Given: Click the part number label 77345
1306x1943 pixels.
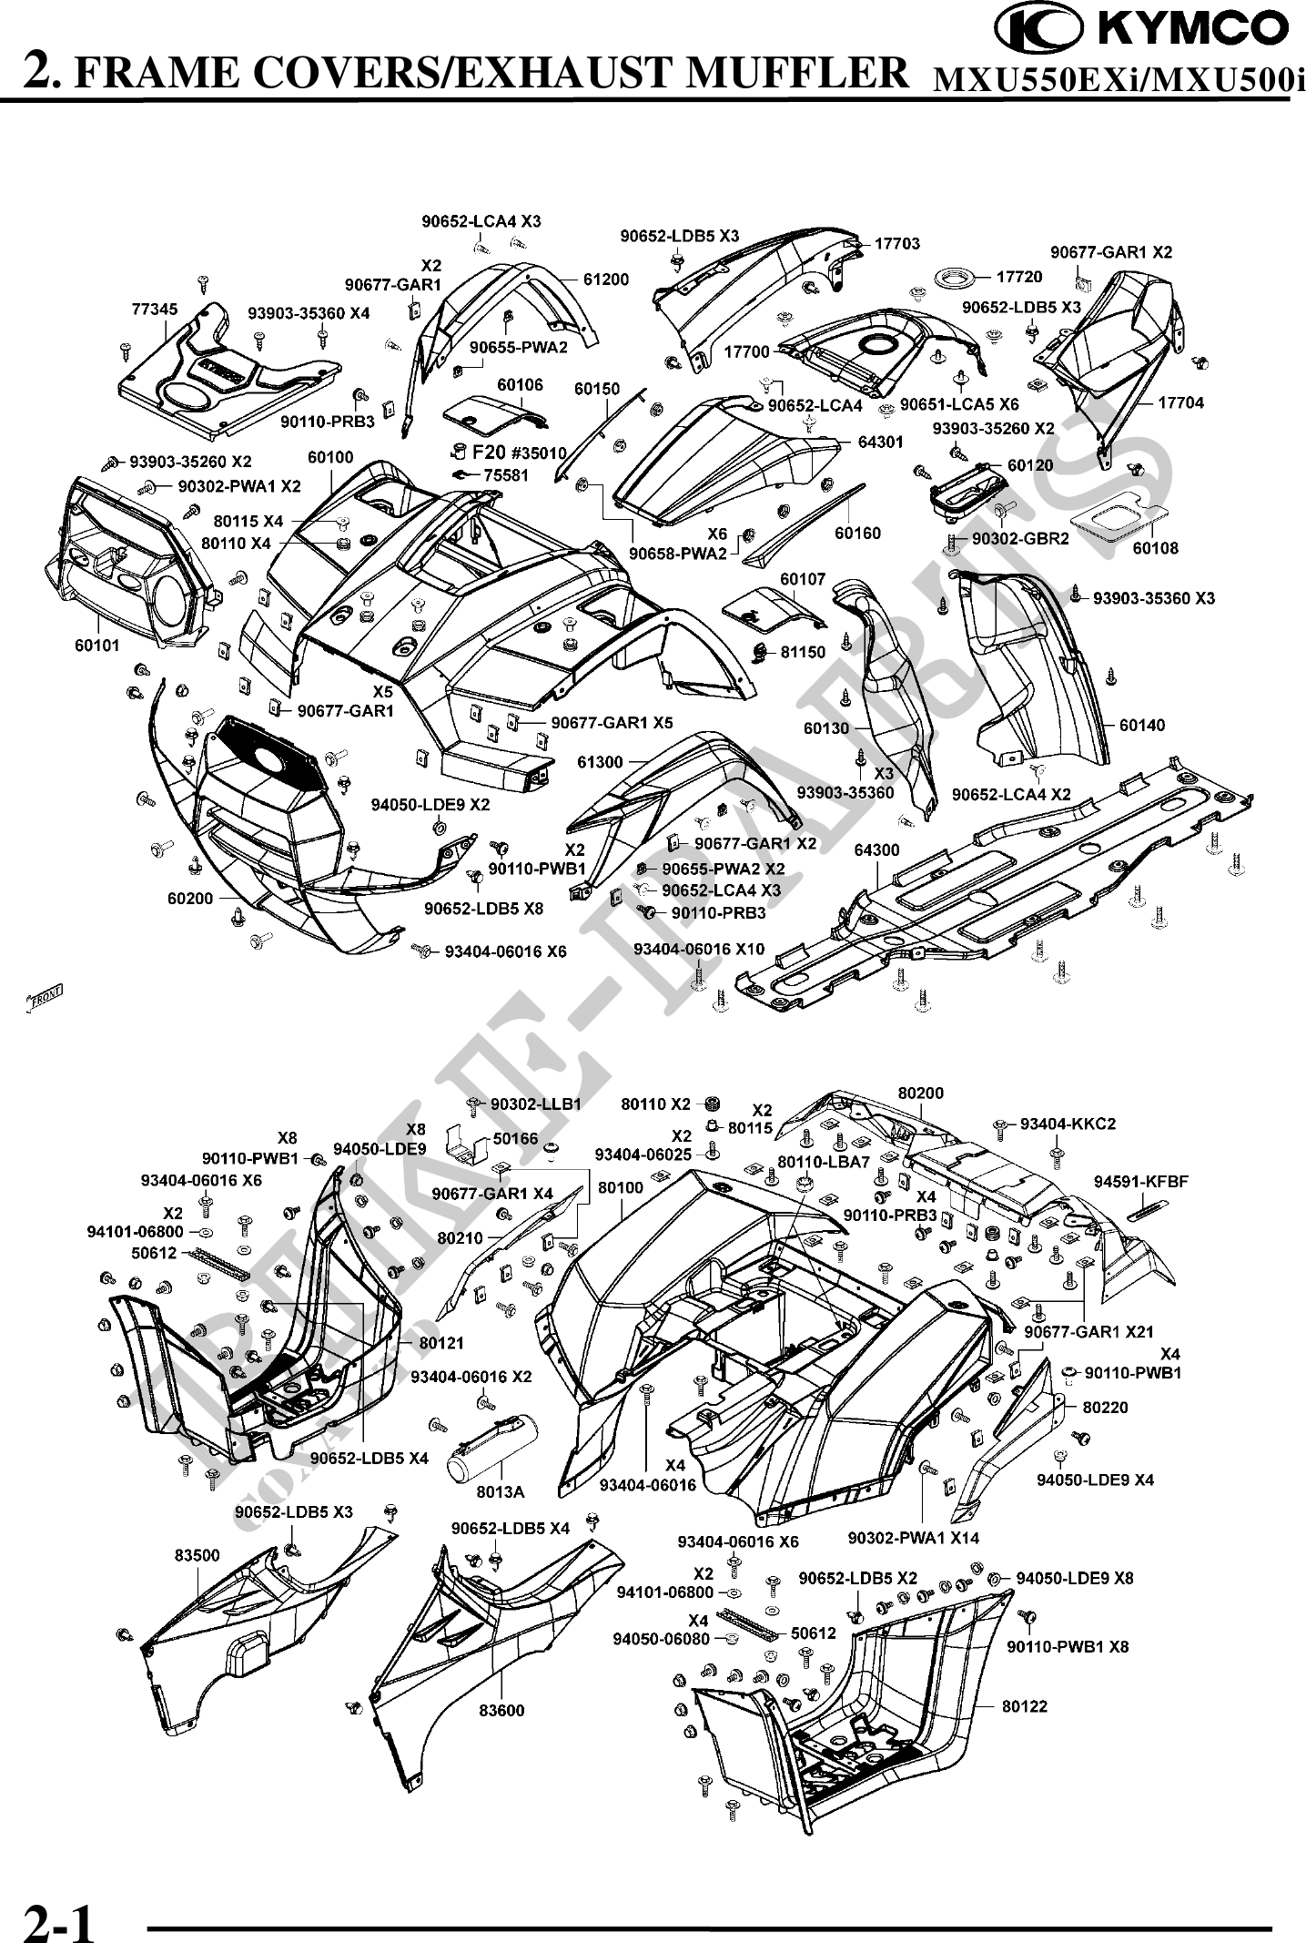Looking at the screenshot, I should click(151, 310).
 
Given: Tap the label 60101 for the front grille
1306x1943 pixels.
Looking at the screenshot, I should click(97, 646).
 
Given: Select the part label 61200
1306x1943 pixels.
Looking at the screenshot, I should click(605, 280).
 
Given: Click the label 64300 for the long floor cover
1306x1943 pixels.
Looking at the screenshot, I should click(876, 849).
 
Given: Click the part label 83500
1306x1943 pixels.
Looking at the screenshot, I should click(197, 1555).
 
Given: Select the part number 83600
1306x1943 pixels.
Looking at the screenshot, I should click(501, 1710).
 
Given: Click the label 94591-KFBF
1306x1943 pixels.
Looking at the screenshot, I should click(1141, 1182).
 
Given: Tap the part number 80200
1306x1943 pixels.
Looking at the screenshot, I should click(921, 1093).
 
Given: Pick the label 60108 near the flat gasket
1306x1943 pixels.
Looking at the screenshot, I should click(1155, 548).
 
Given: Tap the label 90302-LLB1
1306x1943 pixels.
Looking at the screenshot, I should click(535, 1104).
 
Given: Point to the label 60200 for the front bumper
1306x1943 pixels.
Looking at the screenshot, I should click(189, 898).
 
